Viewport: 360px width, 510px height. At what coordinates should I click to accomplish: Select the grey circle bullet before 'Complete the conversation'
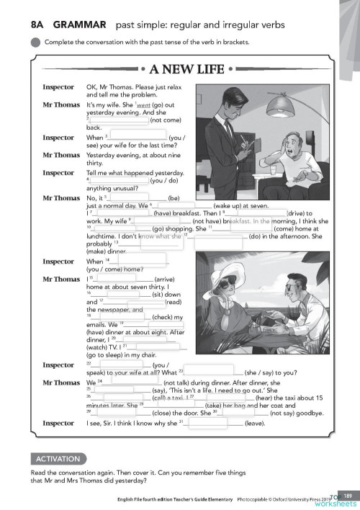tap(36, 41)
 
